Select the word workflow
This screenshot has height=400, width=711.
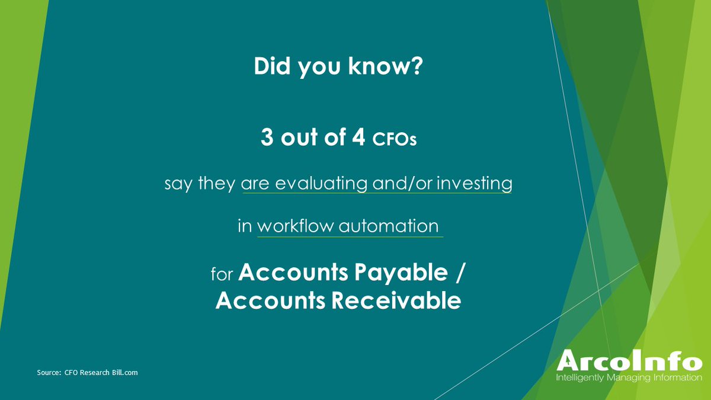point(295,226)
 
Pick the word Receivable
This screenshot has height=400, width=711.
point(395,301)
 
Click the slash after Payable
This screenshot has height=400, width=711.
point(462,273)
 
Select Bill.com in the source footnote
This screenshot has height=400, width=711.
point(125,373)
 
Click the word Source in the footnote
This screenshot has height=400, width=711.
point(47,373)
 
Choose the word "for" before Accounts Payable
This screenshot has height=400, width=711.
point(223,275)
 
